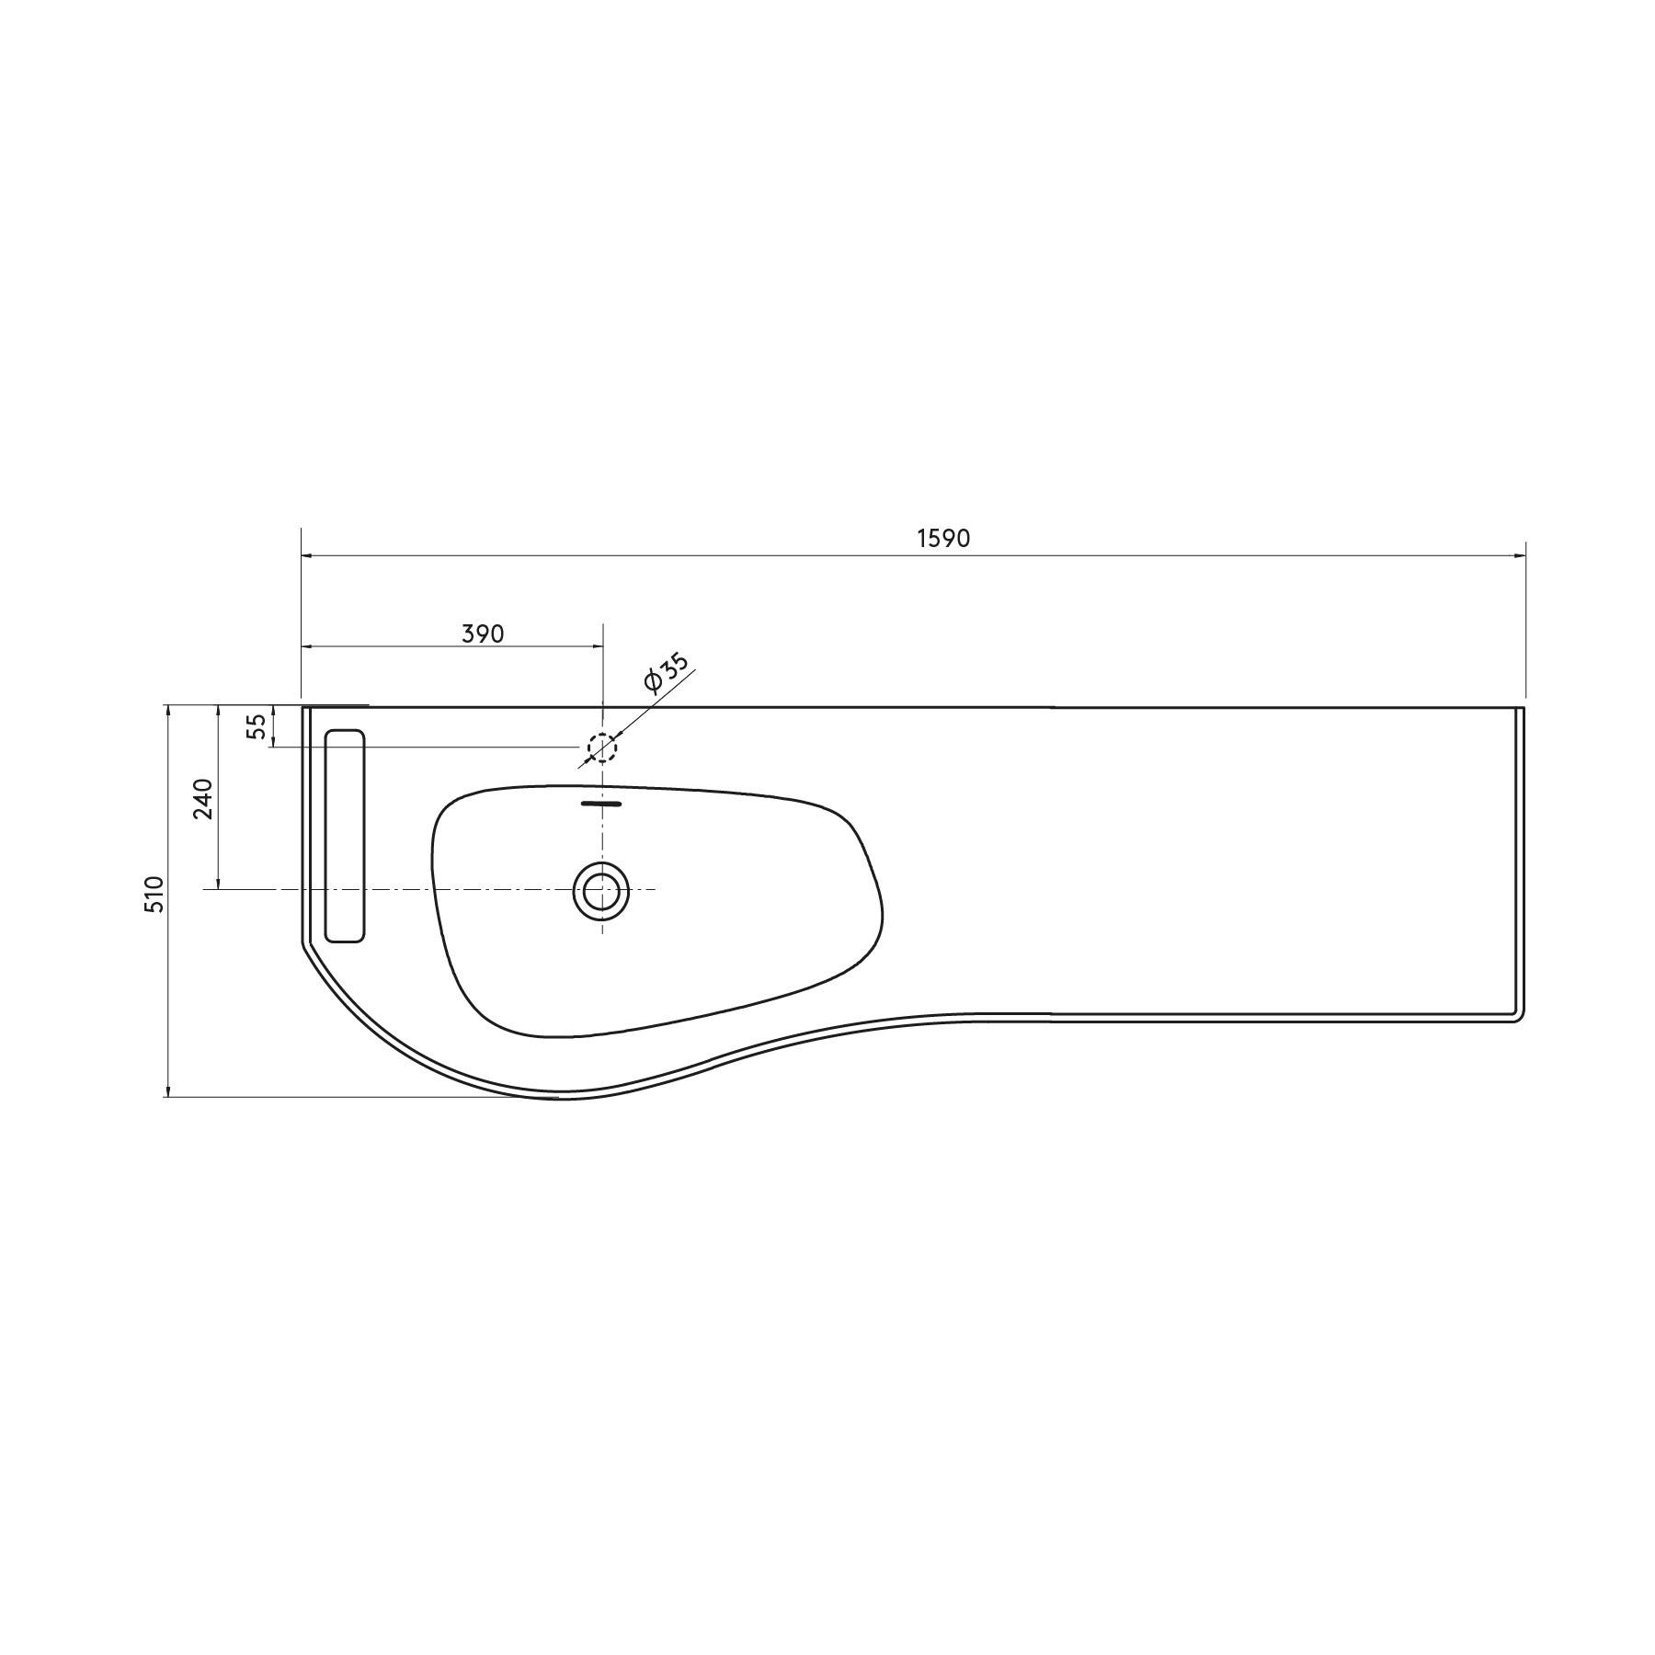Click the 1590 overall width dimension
[x=943, y=539]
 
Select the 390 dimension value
[x=483, y=633]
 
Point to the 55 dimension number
[x=258, y=726]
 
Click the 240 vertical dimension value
[x=204, y=798]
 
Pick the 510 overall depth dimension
[x=154, y=894]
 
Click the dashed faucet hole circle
[x=602, y=747]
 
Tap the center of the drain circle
[x=601, y=890]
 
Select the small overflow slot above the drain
[x=601, y=804]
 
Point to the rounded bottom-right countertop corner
[x=1518, y=1017]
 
